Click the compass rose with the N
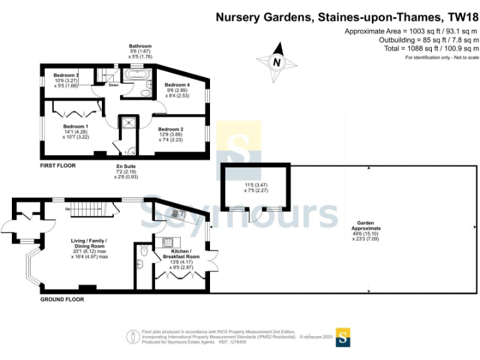[x=276, y=62]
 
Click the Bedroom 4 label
[x=177, y=85]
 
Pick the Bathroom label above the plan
[x=140, y=46]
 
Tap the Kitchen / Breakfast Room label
[x=181, y=253]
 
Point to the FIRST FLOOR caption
[x=57, y=166]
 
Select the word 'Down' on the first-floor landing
[x=113, y=86]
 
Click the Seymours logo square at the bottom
[x=342, y=337]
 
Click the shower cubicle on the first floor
[x=129, y=122]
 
